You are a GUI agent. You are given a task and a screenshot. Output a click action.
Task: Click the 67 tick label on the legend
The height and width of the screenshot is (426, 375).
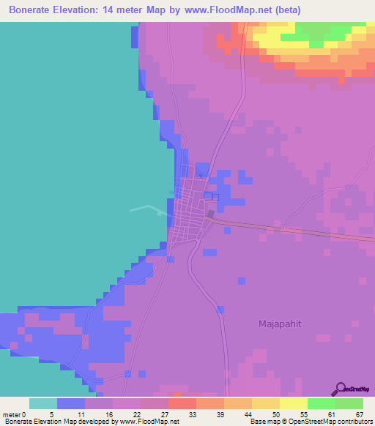[x=360, y=414]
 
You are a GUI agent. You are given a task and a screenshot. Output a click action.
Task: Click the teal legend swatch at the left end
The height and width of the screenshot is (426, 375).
[x=43, y=403]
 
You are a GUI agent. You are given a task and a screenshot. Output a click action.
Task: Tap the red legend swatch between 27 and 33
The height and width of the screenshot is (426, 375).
[x=182, y=403]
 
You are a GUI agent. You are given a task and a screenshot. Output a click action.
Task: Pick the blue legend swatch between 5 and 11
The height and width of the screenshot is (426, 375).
[x=71, y=403]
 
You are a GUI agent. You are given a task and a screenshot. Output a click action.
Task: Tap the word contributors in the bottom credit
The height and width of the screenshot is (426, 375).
[x=353, y=422]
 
